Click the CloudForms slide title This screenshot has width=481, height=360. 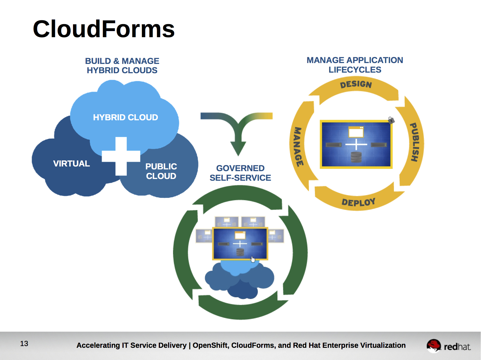[x=104, y=29]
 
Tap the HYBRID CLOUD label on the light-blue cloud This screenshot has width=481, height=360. [x=126, y=117]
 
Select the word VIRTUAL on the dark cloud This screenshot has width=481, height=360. [x=72, y=164]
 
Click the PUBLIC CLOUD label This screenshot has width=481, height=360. [x=161, y=171]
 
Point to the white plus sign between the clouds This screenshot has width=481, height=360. [x=121, y=156]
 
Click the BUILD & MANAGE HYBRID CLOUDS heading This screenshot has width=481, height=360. [x=122, y=65]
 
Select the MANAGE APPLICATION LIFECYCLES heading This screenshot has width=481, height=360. [x=355, y=65]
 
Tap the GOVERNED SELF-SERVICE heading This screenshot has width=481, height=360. [x=240, y=173]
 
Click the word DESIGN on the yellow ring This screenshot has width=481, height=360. [x=356, y=84]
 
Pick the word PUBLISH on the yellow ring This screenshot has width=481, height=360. [x=415, y=142]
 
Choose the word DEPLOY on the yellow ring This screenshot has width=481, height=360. [x=359, y=202]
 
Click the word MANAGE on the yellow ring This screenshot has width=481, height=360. [x=298, y=147]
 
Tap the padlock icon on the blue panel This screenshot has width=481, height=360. [x=391, y=120]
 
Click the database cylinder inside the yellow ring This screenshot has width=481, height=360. [x=356, y=157]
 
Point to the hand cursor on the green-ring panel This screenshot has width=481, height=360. [x=253, y=259]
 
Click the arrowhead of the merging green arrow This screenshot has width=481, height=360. [x=238, y=148]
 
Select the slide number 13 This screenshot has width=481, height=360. [x=24, y=344]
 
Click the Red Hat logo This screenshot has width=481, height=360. [x=448, y=346]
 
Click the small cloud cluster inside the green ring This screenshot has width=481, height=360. [x=239, y=279]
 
